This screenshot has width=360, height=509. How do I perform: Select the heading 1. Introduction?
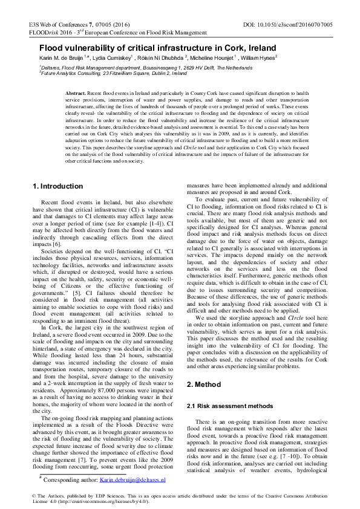coord(59,186)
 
